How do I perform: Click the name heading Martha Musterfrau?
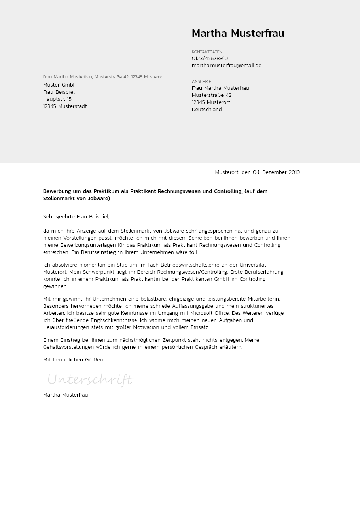point(238,34)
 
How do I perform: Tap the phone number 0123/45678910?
point(210,59)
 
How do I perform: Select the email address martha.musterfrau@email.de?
point(226,66)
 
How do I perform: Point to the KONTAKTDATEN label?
point(207,52)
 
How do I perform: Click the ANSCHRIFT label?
point(203,81)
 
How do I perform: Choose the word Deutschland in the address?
point(207,110)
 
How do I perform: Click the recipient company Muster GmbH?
point(60,85)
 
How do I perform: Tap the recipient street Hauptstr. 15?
point(57,99)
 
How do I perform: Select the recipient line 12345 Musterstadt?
point(65,106)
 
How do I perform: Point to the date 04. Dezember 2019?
point(276,172)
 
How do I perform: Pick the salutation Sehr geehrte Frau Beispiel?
point(76,217)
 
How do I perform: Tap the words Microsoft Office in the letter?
point(210,313)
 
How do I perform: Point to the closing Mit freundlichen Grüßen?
point(73,360)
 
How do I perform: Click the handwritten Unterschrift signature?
point(90,380)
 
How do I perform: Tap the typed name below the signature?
point(65,395)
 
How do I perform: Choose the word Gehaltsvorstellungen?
point(68,347)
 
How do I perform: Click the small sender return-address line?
point(103,77)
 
